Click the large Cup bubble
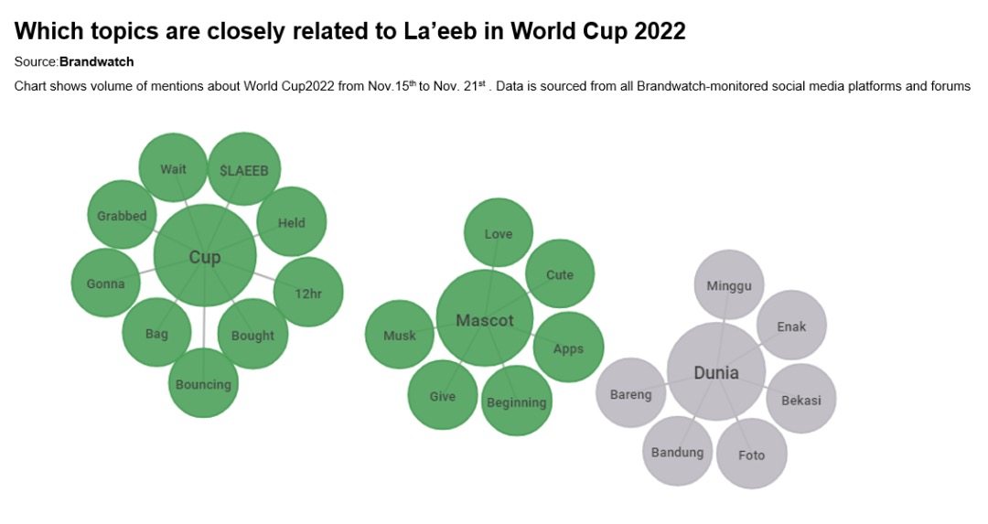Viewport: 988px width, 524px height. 204,256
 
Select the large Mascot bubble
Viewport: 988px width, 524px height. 484,319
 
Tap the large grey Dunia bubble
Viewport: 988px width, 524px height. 715,371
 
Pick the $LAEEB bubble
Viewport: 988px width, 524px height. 243,169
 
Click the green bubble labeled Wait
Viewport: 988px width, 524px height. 173,168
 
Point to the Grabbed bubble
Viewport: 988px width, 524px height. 122,216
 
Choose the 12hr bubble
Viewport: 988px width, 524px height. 308,293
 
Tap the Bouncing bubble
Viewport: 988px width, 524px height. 203,383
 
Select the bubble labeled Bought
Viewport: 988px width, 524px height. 252,335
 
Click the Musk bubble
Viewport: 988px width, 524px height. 400,335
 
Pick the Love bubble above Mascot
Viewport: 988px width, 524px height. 498,233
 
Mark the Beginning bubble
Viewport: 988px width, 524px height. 516,401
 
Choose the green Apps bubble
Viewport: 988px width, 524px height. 568,348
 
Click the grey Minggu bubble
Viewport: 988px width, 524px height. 728,285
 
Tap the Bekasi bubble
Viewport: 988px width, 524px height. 800,399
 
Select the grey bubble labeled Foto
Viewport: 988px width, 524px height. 751,454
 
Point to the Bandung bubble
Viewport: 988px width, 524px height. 677,452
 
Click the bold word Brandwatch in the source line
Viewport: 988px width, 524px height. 96,61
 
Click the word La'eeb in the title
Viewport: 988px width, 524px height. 439,30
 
